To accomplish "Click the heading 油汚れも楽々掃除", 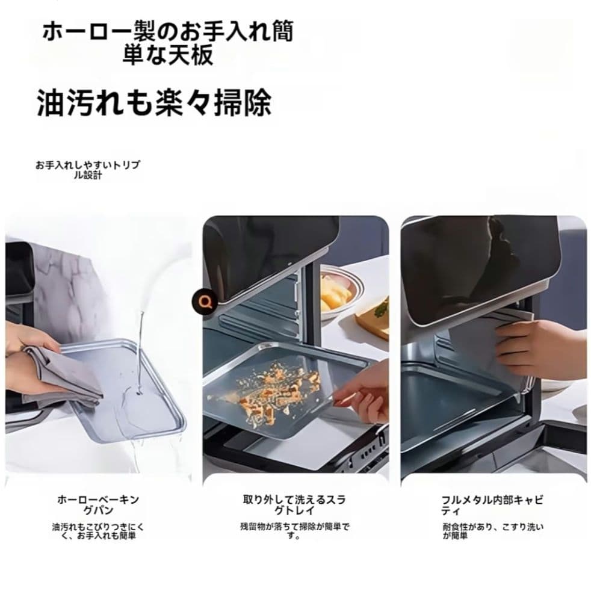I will tap(153, 103).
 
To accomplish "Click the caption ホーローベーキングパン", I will tap(98, 505).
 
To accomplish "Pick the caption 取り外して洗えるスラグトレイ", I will tap(294, 505).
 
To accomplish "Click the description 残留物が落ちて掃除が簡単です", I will tap(294, 531).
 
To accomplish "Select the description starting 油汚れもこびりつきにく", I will tap(98, 531).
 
